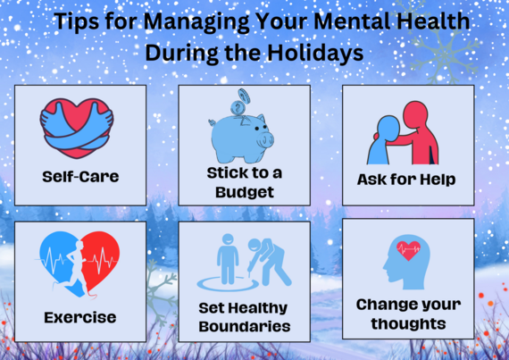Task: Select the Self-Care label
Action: coord(80,176)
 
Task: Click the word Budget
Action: coord(244,192)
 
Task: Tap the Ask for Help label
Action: coord(407,180)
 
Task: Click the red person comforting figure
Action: coord(420,130)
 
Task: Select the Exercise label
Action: coord(79,316)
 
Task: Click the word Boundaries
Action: coord(244,326)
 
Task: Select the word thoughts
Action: coord(407,322)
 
